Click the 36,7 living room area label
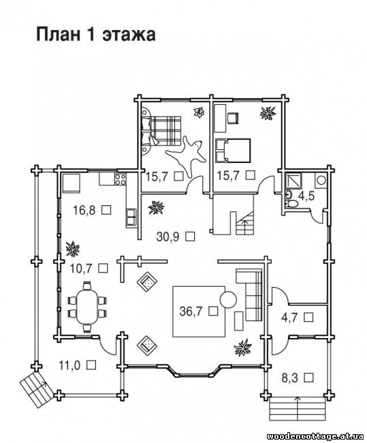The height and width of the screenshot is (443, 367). click(x=191, y=311)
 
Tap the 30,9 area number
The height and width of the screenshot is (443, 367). click(x=168, y=236)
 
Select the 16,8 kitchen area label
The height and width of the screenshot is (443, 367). click(x=84, y=210)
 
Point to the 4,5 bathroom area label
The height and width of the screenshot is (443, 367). click(x=306, y=196)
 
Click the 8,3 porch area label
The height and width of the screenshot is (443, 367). click(x=289, y=378)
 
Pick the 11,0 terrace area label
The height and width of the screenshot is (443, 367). click(x=69, y=365)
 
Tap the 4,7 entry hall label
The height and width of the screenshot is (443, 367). click(x=289, y=318)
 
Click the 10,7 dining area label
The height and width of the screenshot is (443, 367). click(x=81, y=269)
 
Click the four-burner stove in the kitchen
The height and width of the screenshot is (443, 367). click(x=120, y=179)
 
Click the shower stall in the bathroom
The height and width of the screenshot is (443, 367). click(x=293, y=180)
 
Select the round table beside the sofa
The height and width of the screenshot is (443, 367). click(x=228, y=300)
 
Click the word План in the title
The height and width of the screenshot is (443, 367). click(x=57, y=35)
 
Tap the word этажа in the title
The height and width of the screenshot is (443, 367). click(x=129, y=35)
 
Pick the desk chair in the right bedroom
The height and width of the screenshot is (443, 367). click(x=233, y=118)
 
